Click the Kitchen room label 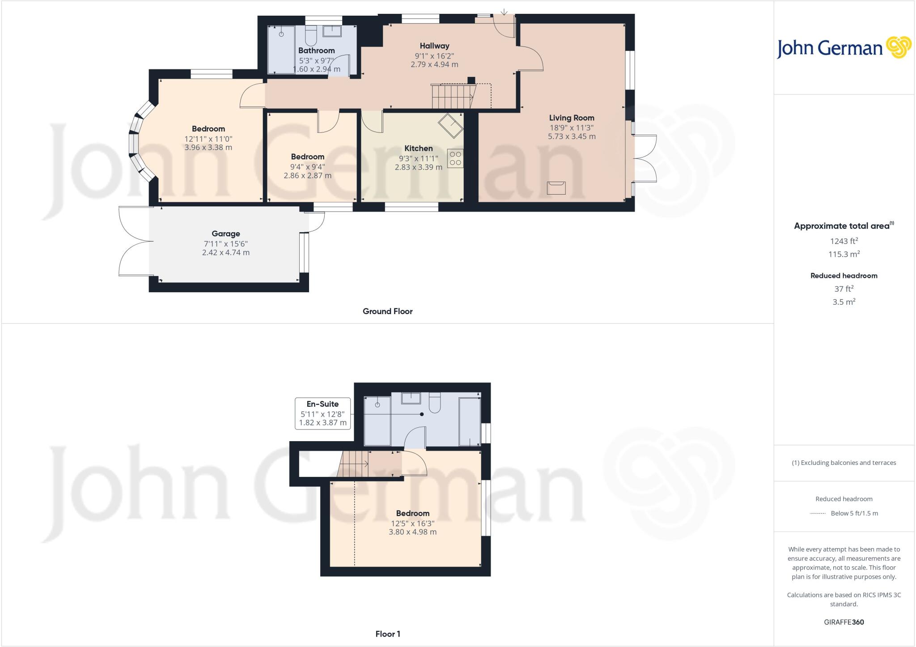click(x=418, y=149)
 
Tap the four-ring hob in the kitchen click(x=455, y=158)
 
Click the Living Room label click(x=572, y=118)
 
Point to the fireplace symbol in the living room click(x=556, y=187)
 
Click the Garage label click(x=226, y=234)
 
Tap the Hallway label click(x=434, y=46)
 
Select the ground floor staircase click(x=453, y=96)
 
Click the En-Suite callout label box click(x=322, y=413)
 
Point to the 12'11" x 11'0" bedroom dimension click(x=208, y=139)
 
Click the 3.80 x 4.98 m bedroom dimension click(x=412, y=532)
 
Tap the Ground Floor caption click(x=387, y=311)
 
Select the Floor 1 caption click(x=388, y=634)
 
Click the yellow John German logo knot click(x=898, y=47)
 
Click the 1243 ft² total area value click(x=844, y=241)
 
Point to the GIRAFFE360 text click(x=844, y=622)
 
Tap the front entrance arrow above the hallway click(x=504, y=12)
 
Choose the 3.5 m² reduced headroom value click(x=844, y=302)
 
